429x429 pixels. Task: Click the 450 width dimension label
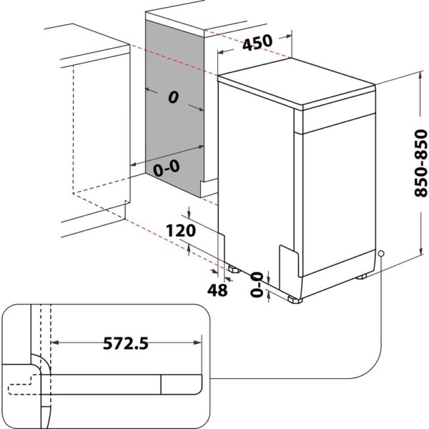click(x=257, y=43)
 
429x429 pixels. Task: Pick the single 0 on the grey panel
click(x=172, y=98)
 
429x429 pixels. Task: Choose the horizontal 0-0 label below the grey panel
click(x=167, y=169)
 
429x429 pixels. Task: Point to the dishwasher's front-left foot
click(x=293, y=299)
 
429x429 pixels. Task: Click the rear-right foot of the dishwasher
click(x=363, y=275)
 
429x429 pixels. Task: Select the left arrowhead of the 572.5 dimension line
click(x=55, y=343)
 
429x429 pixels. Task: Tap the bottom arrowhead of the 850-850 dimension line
click(x=418, y=257)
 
